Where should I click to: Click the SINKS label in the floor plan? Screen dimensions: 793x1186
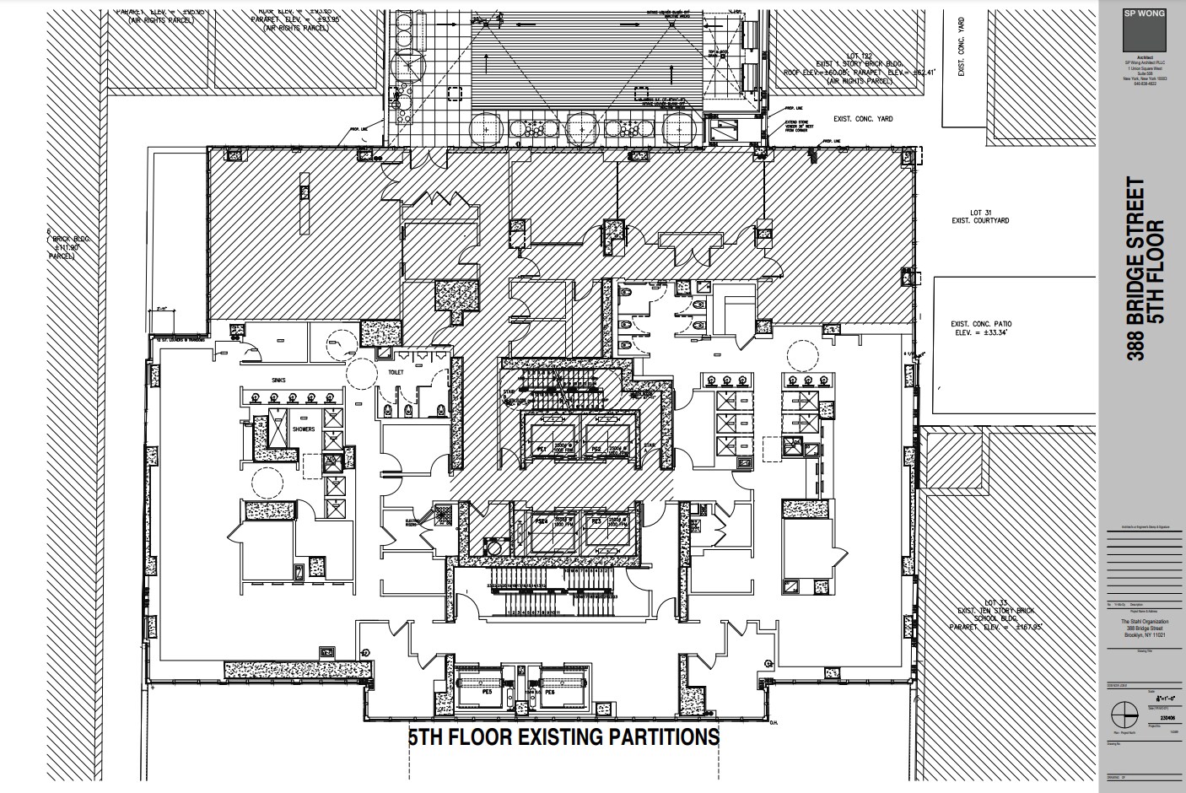pos(278,380)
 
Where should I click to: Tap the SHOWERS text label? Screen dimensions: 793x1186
pos(304,429)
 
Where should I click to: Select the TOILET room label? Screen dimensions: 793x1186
pos(396,372)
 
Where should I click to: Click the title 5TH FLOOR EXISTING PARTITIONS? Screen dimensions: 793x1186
pos(563,736)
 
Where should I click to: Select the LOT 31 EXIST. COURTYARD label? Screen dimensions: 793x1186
pos(978,216)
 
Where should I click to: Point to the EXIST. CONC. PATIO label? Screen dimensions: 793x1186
pos(981,328)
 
